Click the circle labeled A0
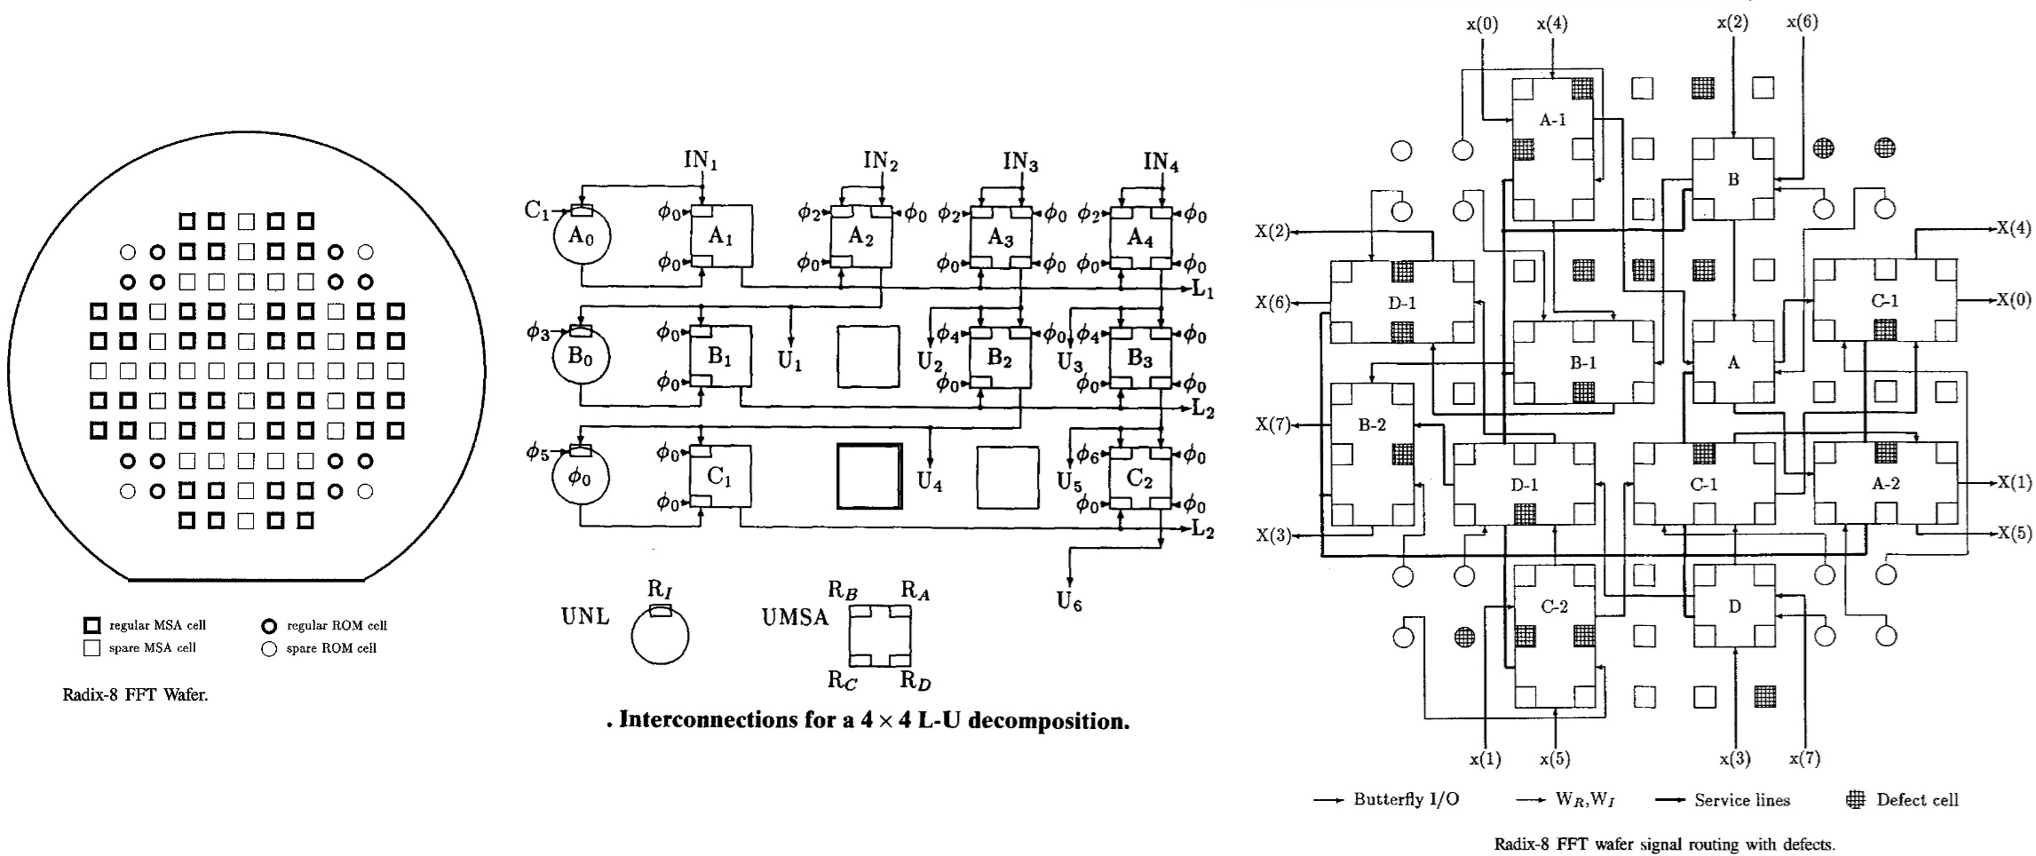581,237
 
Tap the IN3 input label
1020,162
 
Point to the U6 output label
1069,601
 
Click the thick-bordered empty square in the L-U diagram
869,476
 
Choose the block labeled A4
1140,237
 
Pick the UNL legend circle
660,635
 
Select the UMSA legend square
879,635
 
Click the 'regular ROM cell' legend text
337,626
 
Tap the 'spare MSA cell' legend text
152,648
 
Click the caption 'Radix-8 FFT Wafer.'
135,695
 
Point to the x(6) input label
1802,23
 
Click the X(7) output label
1272,424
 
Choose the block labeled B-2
1372,454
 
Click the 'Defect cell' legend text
1916,799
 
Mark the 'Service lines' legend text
1741,800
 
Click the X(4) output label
2014,228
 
